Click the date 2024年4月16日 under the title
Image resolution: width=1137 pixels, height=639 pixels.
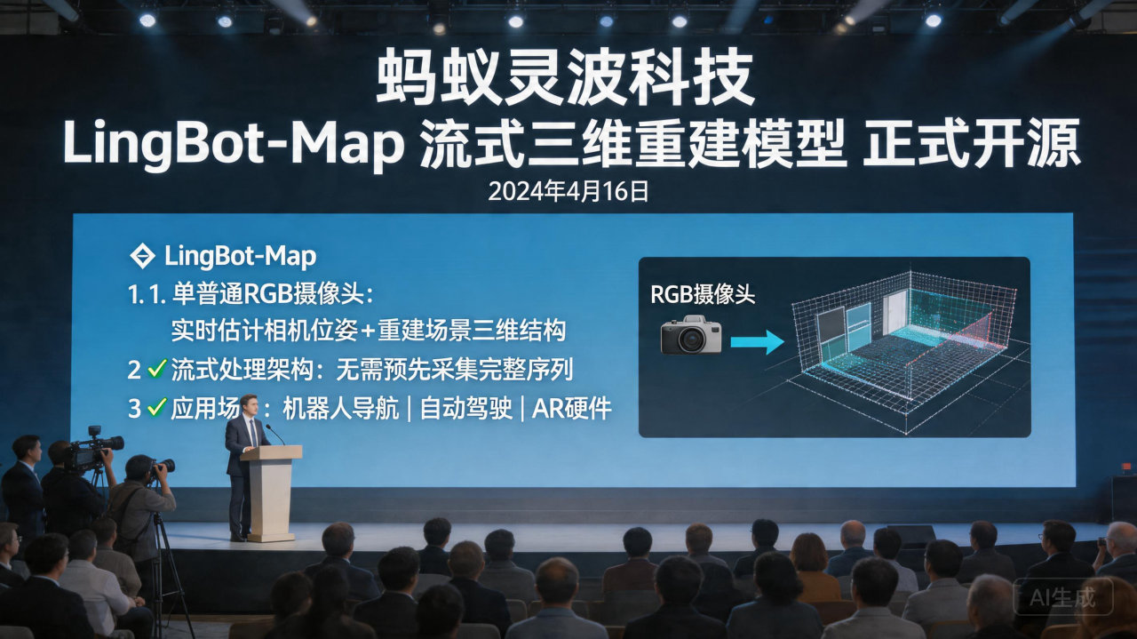coord(568,191)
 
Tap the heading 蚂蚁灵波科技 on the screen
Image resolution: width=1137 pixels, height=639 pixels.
coord(566,80)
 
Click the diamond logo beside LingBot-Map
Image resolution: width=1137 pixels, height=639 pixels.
coord(142,257)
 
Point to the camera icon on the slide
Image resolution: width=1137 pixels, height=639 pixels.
coord(691,335)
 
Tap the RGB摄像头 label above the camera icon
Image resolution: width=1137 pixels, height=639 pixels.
coord(703,295)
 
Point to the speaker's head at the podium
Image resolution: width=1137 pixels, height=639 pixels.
coord(249,405)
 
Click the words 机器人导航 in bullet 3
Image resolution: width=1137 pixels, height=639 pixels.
coord(341,409)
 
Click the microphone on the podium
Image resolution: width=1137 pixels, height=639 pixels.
coord(274,435)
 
